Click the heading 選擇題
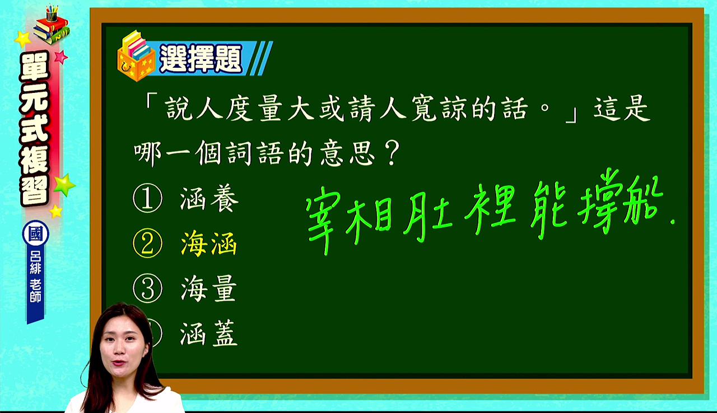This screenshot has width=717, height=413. point(201,59)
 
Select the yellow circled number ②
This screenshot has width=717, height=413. point(147,243)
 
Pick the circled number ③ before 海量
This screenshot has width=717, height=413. point(147,288)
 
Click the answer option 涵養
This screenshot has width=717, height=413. point(209,199)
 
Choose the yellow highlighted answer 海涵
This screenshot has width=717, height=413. point(209,243)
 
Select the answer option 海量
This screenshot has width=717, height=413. point(209,289)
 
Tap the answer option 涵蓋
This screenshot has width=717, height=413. point(209,334)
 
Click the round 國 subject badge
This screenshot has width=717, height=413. point(35,233)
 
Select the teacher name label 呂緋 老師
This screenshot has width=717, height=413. point(35,276)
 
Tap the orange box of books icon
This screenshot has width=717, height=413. point(136,57)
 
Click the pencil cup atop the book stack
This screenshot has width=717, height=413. point(52,12)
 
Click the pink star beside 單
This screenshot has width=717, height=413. point(60,57)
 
